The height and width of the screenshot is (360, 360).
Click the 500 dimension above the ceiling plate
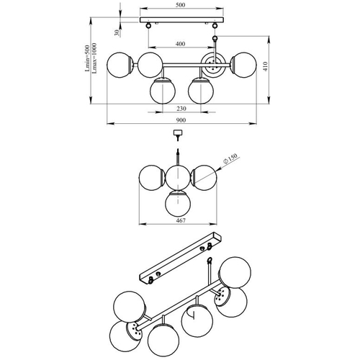coord(180,5)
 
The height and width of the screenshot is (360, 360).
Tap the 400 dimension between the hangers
coord(180,44)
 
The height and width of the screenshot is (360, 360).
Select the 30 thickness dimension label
coord(117,32)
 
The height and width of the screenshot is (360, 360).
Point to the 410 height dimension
coord(265,66)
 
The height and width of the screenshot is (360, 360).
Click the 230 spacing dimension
coord(181,109)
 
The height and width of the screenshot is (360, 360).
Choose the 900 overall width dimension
coord(181,120)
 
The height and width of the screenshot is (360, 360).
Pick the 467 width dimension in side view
coord(181,220)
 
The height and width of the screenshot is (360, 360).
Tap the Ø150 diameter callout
coord(230,158)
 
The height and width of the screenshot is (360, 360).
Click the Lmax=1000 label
coord(94,58)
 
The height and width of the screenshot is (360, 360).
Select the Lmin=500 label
coord(87,58)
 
